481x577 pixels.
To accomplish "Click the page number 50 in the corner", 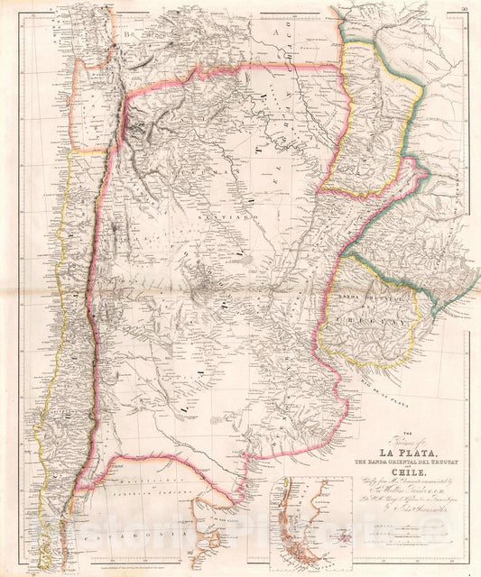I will click(x=463, y=8).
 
